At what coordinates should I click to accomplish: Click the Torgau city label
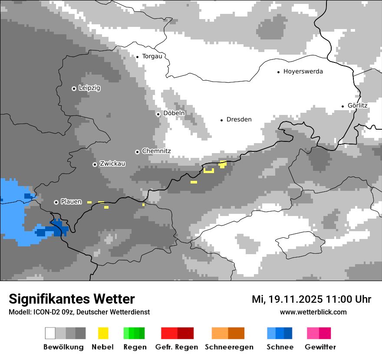[152, 56]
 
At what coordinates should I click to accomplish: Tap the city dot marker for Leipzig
[74, 88]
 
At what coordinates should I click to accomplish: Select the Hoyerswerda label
[303, 72]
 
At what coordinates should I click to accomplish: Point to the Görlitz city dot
[342, 106]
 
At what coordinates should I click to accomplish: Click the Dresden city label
[239, 120]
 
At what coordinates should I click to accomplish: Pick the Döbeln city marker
[158, 114]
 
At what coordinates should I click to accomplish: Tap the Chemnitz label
[156, 151]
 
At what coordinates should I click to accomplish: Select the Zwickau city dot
[95, 164]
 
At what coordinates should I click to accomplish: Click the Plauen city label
[71, 202]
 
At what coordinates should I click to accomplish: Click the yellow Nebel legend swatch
[103, 333]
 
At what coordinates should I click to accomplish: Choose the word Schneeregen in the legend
[229, 347]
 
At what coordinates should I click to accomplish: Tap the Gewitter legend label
[320, 347]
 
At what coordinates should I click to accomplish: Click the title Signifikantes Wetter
[72, 299]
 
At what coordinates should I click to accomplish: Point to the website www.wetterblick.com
[313, 312]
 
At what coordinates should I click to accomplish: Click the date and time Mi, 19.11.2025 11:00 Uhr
[311, 299]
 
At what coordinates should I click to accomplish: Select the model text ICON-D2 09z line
[79, 312]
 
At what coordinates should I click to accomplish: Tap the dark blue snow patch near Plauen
[56, 228]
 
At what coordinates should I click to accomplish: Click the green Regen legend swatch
[134, 333]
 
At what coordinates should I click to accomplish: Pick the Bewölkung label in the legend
[63, 347]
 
